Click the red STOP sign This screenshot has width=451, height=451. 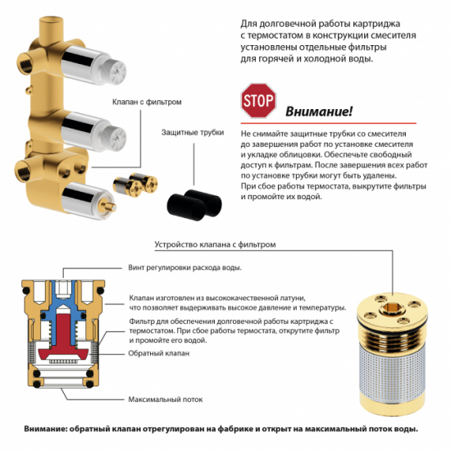[x=257, y=102]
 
